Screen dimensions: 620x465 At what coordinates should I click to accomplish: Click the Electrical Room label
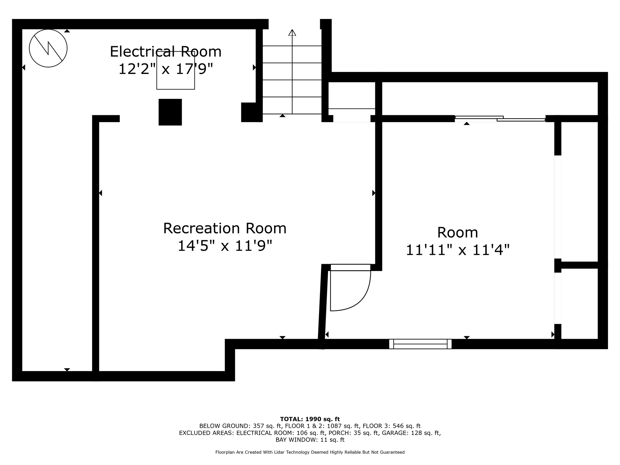tap(166, 52)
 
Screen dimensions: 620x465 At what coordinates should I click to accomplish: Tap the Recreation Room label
tap(225, 228)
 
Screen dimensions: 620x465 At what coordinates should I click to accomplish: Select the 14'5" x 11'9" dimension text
tap(225, 246)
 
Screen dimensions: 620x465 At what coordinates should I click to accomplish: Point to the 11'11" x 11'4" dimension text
tap(458, 250)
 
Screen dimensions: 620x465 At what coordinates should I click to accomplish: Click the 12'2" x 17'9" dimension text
tap(166, 69)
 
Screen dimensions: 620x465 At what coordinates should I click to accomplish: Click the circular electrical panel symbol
tap(48, 48)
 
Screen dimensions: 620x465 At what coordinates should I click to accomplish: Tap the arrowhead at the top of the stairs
tap(292, 32)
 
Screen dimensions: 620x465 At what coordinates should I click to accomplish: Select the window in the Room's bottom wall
tap(420, 344)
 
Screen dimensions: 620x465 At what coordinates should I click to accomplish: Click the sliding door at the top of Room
tap(500, 119)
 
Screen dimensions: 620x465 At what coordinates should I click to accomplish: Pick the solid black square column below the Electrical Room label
tap(170, 112)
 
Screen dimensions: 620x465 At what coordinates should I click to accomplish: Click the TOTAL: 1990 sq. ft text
tap(310, 419)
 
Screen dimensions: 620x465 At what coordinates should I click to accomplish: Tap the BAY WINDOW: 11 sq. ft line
tap(310, 440)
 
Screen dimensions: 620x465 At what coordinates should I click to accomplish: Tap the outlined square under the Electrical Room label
tap(176, 70)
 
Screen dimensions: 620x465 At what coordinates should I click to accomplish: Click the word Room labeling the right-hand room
tap(458, 232)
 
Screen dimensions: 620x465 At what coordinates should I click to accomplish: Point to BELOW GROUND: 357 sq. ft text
tap(241, 426)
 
